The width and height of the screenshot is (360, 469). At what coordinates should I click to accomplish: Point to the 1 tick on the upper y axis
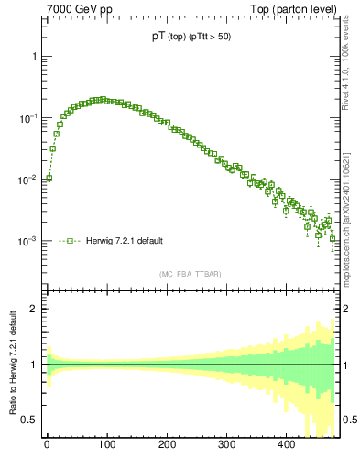pos(35,56)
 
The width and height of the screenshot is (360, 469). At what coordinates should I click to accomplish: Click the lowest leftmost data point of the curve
pos(49,178)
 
